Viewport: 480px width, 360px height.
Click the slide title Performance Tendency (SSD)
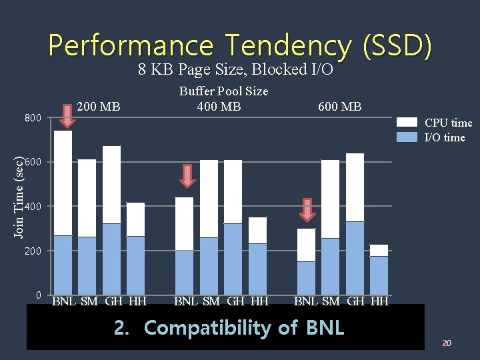point(240,45)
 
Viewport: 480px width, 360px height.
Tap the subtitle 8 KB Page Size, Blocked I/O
point(235,69)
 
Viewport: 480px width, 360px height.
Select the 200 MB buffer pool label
point(99,106)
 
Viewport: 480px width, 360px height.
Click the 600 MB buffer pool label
point(339,107)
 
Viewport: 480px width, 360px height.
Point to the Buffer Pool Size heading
point(223,91)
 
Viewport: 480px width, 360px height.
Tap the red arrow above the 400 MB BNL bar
point(187,176)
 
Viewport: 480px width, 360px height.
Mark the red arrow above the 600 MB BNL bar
point(307,209)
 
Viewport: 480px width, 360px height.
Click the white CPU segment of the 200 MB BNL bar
point(63,183)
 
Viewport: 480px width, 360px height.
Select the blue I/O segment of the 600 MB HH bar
point(379,275)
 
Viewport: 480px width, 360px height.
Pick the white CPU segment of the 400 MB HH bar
point(257,230)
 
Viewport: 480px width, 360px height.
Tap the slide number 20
point(447,343)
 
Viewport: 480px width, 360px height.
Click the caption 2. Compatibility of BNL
point(229,328)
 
